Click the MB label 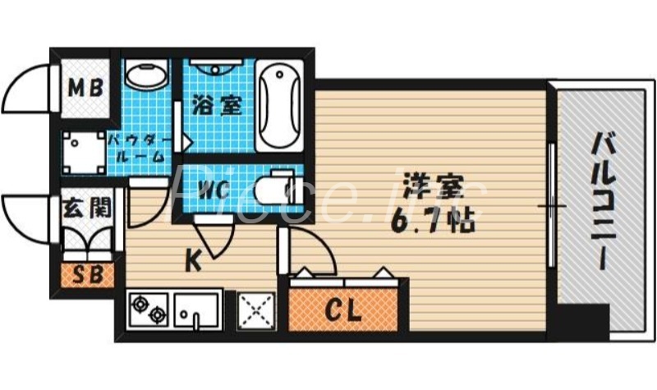85,87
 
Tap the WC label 212,188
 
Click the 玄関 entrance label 86,206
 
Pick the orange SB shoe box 88,275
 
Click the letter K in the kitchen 192,261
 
